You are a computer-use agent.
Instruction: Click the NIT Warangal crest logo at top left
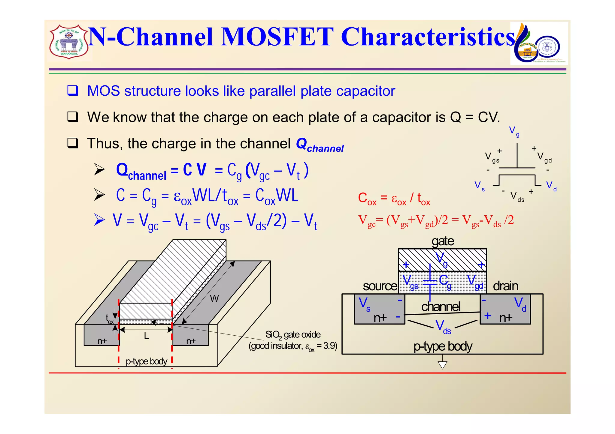pyautogui.click(x=69, y=42)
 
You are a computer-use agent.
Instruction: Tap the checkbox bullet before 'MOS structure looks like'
pyautogui.click(x=72, y=91)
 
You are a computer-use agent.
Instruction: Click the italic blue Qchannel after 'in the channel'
pyautogui.click(x=320, y=145)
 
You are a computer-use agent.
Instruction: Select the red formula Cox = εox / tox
pyautogui.click(x=394, y=199)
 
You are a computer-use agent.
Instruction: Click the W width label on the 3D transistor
pyautogui.click(x=214, y=298)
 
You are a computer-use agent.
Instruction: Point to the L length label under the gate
pyautogui.click(x=146, y=336)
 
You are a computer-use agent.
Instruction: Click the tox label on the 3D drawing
pyautogui.click(x=109, y=319)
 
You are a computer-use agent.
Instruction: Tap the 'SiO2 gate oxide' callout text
pyautogui.click(x=293, y=335)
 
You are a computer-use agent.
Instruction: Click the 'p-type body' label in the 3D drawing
pyautogui.click(x=146, y=361)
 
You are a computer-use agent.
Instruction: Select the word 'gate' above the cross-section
pyautogui.click(x=443, y=241)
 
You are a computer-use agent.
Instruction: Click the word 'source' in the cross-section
pyautogui.click(x=380, y=286)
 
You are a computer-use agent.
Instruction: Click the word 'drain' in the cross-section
pyautogui.click(x=505, y=286)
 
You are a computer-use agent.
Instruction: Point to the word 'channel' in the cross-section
pyautogui.click(x=440, y=307)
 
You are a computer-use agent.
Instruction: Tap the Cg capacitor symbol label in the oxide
pyautogui.click(x=445, y=281)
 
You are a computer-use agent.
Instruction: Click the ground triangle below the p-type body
pyautogui.click(x=442, y=365)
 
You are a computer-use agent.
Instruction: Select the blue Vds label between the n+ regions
pyautogui.click(x=443, y=327)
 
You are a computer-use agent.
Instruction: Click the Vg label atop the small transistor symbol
pyautogui.click(x=514, y=131)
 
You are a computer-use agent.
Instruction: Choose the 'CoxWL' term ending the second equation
pyautogui.click(x=277, y=196)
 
